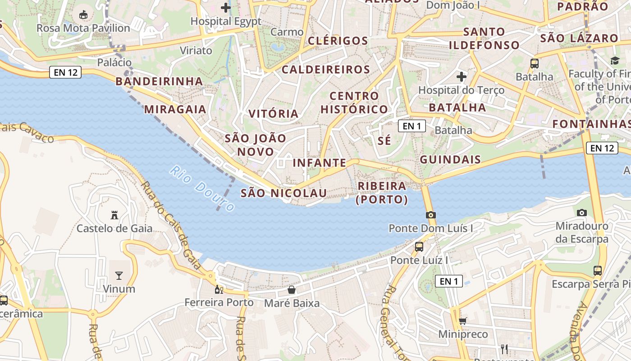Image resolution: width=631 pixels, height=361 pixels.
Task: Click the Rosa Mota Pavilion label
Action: tap(83, 28)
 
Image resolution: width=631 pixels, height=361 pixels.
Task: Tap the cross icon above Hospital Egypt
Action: tap(226, 8)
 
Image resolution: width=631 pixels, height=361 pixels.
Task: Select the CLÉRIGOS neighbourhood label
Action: tap(338, 41)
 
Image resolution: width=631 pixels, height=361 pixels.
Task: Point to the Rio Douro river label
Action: tap(203, 189)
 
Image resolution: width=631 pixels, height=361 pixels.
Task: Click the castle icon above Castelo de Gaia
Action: tap(114, 215)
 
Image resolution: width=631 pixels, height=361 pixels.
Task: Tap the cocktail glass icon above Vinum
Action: tap(119, 276)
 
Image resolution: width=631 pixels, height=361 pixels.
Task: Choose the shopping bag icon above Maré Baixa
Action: tap(292, 290)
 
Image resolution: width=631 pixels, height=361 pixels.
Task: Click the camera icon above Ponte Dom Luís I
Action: tap(431, 215)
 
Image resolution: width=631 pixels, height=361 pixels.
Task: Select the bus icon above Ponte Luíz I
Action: tap(419, 247)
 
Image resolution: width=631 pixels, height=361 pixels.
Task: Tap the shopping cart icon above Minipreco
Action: tap(463, 321)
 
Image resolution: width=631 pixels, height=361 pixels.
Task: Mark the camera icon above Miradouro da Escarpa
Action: tap(582, 213)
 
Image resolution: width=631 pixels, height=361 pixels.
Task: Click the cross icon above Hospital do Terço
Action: tap(462, 77)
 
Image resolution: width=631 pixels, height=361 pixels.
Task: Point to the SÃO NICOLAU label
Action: tap(283, 193)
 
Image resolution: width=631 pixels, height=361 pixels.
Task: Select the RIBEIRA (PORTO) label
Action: tap(382, 193)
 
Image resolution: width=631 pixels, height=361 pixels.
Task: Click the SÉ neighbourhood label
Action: tap(384, 141)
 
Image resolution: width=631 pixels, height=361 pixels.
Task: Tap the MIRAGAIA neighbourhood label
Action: tap(175, 109)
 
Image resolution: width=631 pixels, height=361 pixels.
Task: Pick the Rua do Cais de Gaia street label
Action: tap(171, 225)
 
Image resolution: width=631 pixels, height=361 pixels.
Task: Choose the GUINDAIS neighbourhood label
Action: tap(450, 160)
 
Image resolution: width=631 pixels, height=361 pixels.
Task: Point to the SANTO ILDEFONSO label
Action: tap(484, 38)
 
